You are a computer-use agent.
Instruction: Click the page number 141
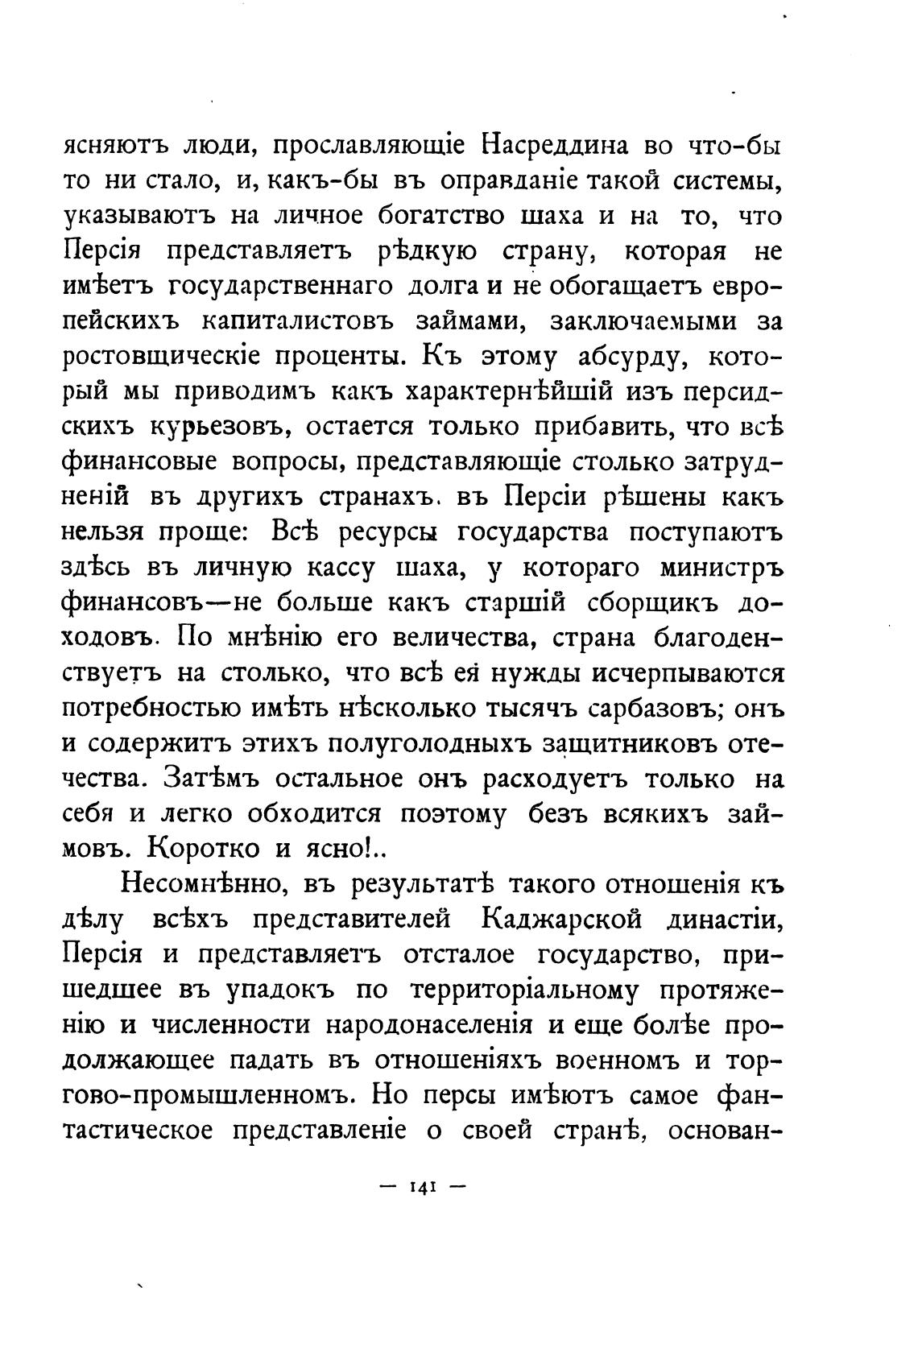(x=422, y=1187)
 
